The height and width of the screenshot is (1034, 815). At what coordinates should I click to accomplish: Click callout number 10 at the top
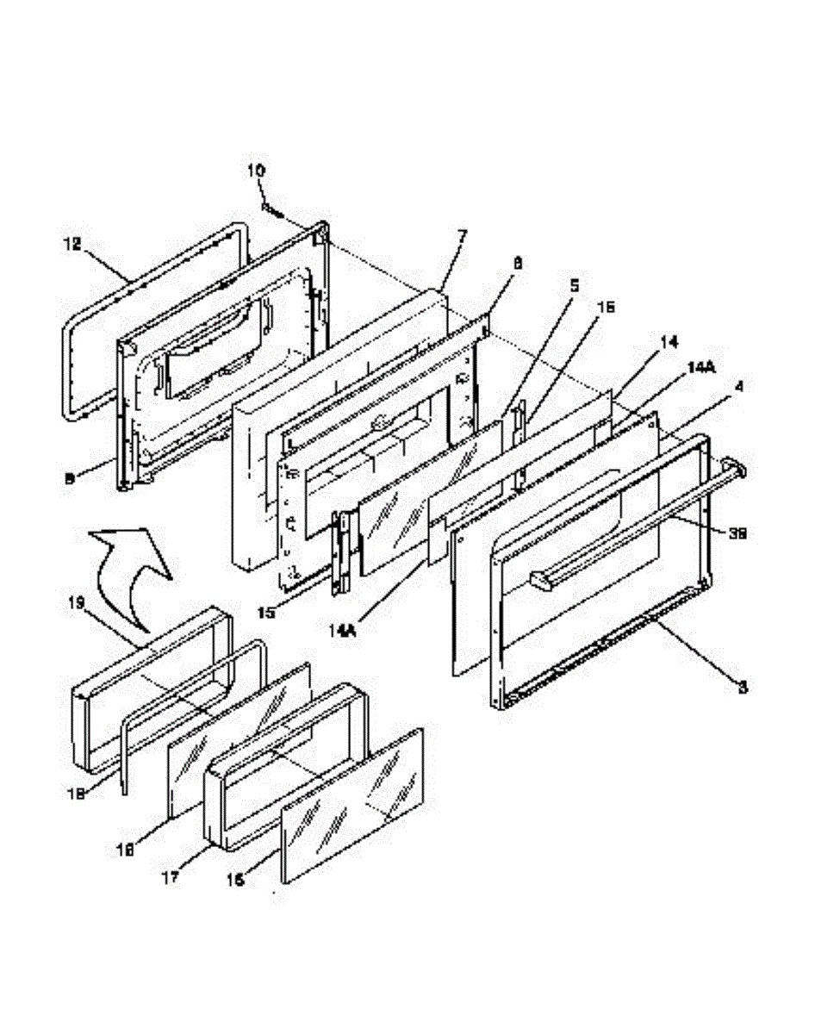click(257, 171)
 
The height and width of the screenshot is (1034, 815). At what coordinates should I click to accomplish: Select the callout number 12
click(72, 245)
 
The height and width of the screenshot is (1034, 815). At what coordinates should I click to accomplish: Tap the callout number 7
click(463, 234)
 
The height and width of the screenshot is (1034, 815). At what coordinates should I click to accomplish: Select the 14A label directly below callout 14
click(701, 366)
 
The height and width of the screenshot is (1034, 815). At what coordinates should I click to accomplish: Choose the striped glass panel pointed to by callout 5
click(428, 500)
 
